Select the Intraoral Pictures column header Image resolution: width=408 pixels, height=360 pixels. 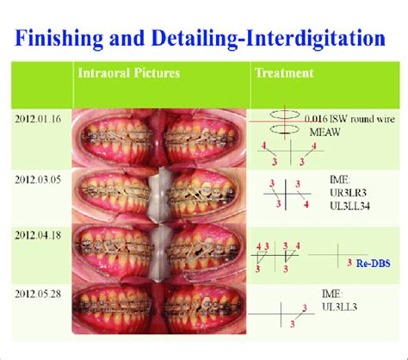[x=128, y=73]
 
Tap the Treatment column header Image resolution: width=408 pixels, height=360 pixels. [x=285, y=73]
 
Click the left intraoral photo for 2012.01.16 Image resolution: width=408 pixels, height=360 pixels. [x=116, y=139]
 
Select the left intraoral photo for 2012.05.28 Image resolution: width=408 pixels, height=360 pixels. [x=116, y=310]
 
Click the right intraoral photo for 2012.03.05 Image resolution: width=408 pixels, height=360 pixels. [x=205, y=196]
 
